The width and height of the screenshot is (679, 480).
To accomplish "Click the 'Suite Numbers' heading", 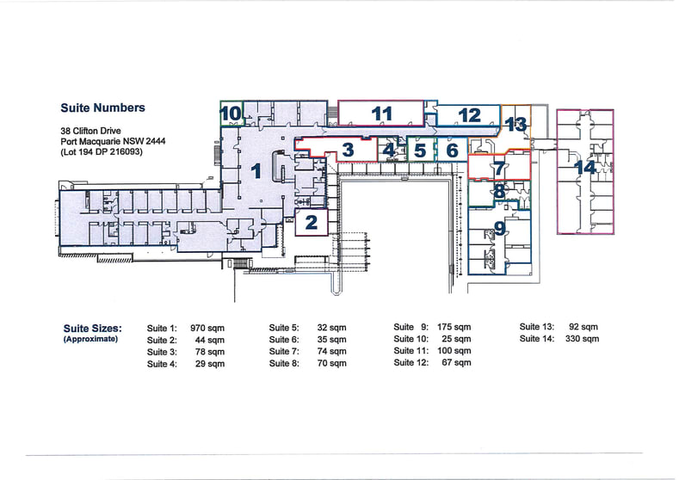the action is point(102,108).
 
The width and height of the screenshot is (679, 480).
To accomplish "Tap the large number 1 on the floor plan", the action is point(256,171).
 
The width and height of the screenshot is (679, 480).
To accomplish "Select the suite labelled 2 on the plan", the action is point(312,223).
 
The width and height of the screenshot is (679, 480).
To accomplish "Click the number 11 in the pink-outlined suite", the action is point(382,114).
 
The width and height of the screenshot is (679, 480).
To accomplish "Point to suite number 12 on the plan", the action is point(469,115).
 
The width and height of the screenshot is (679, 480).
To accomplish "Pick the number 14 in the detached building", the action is point(585,167).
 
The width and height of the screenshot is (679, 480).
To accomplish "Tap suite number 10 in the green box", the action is point(231,114).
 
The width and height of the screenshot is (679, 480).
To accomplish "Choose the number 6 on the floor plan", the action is point(452,151).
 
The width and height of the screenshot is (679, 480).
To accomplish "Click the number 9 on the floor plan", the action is point(500,228).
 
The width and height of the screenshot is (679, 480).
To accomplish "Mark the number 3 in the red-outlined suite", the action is point(348,150).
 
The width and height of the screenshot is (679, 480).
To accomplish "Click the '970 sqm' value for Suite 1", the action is point(207,328).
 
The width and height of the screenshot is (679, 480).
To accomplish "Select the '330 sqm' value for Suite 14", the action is point(582,338).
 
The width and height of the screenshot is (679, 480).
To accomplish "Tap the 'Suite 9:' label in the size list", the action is point(411,327).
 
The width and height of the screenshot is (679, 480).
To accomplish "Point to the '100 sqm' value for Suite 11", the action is point(454,351).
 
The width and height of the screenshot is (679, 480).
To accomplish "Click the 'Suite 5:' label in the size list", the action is point(284,328).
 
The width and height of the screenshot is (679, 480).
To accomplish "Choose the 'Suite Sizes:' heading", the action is point(93,329).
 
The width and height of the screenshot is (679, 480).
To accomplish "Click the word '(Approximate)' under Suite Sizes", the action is point(90,339).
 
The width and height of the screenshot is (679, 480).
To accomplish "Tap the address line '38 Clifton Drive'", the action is point(91,131).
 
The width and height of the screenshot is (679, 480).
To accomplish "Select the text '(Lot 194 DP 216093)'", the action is point(102,152).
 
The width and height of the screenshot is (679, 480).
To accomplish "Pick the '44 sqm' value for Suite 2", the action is point(210,340).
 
